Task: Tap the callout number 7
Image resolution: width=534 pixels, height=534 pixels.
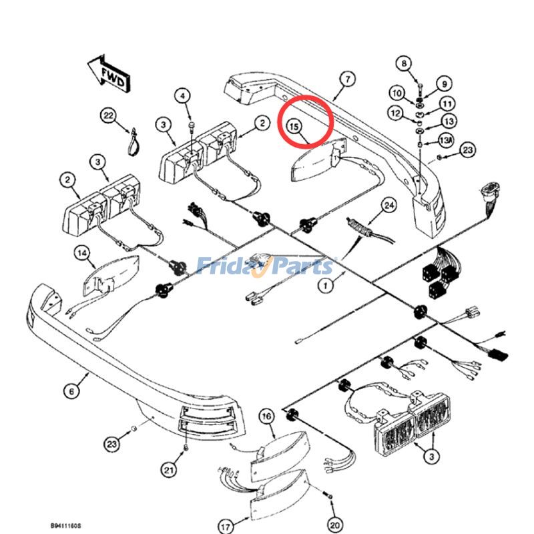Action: coord(346,79)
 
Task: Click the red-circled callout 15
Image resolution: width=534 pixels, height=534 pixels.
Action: coord(294,125)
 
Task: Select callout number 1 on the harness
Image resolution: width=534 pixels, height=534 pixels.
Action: coord(325,286)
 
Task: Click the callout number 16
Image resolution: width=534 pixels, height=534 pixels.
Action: coord(266,418)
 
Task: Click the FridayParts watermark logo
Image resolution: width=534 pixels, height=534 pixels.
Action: coord(266,266)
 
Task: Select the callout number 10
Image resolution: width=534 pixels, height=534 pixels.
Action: coord(397,93)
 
